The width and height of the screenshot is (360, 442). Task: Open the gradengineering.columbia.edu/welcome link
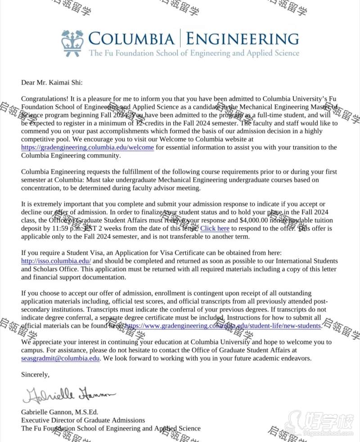pyautogui.click(x=88, y=148)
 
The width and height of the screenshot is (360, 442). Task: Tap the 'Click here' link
pyautogui.click(x=215, y=229)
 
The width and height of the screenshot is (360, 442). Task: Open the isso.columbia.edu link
pyautogui.click(x=56, y=261)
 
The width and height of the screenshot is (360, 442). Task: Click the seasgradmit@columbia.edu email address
pyautogui.click(x=60, y=359)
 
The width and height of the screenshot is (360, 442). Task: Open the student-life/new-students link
pyautogui.click(x=223, y=326)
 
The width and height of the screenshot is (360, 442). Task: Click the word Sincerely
pyautogui.click(x=35, y=374)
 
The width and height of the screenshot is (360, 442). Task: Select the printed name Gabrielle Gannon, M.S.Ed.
pyautogui.click(x=60, y=412)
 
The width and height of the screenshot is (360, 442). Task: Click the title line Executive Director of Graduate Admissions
pyautogui.click(x=83, y=420)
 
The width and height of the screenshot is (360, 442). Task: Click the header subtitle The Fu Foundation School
pyautogui.click(x=193, y=53)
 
